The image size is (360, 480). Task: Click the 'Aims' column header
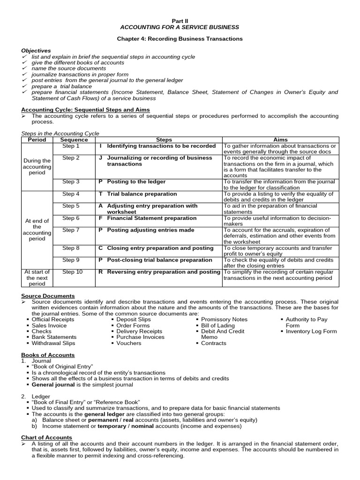[280, 140]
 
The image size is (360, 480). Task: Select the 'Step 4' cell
[71, 194]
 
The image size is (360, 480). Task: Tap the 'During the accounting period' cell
[37, 166]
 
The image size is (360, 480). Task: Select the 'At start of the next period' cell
[37, 277]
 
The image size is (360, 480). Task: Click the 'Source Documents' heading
[48, 296]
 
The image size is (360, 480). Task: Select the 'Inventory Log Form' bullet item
[311, 331]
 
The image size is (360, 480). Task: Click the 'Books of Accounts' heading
[48, 355]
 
